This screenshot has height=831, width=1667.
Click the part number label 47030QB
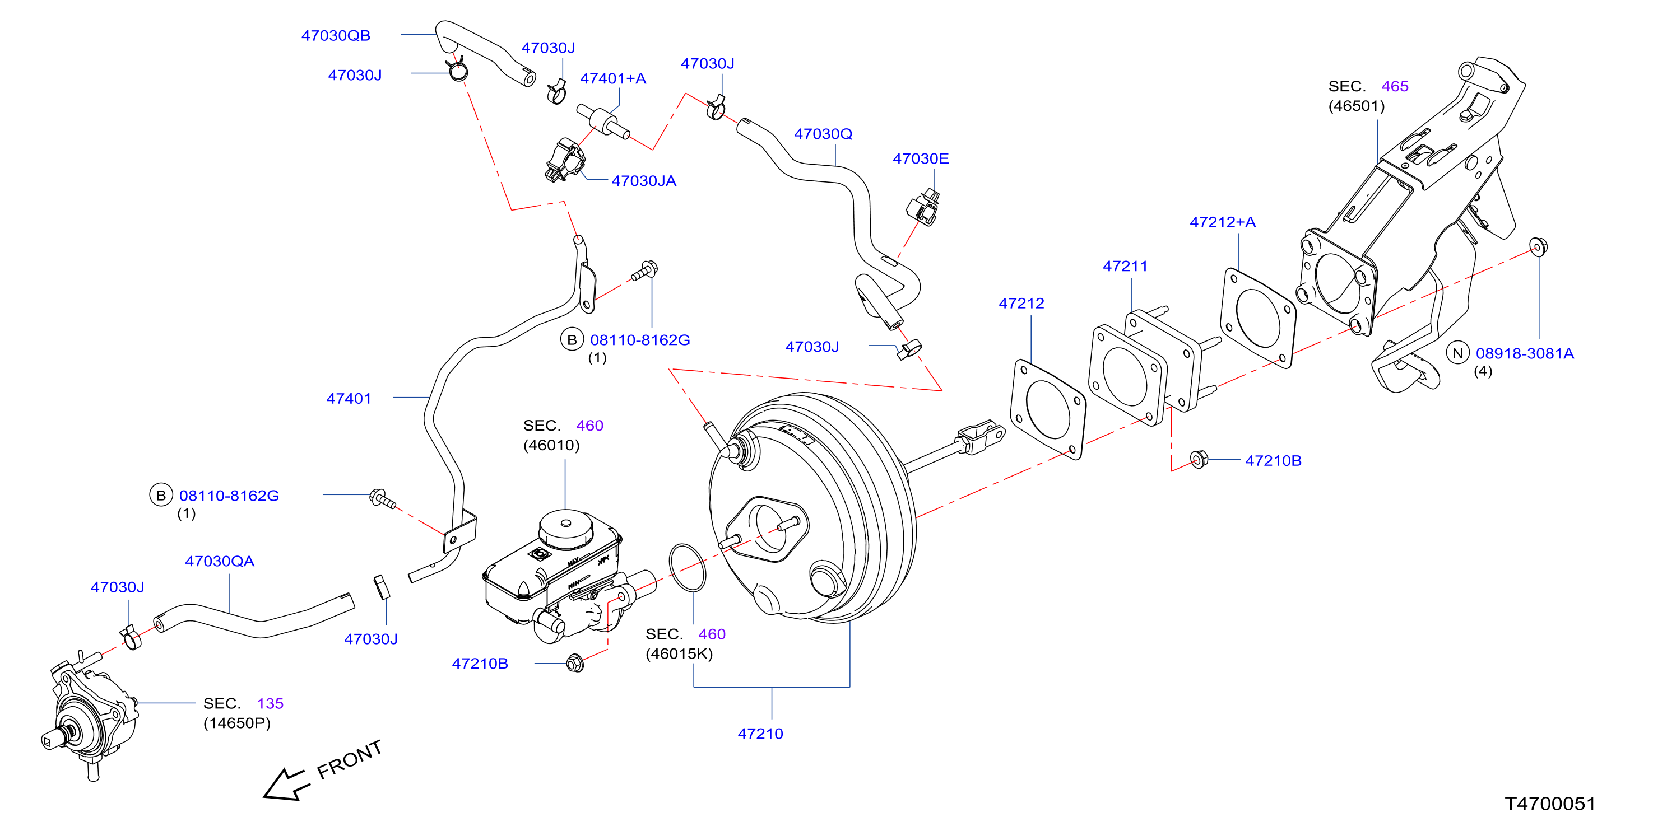tap(335, 36)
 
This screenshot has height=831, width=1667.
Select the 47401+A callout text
tap(613, 78)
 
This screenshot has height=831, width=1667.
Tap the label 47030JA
tap(644, 180)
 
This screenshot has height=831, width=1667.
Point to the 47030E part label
tap(920, 158)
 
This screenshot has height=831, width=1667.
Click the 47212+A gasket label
tap(1223, 222)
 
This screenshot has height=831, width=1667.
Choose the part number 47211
tap(1125, 266)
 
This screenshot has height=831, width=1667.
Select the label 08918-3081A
tap(1525, 353)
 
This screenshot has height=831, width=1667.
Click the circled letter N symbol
tap(1457, 353)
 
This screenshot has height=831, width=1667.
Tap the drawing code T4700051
tap(1550, 803)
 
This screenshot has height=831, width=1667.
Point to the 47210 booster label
tap(760, 734)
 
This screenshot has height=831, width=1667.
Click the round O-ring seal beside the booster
tap(686, 567)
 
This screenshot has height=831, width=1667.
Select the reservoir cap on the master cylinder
tap(565, 529)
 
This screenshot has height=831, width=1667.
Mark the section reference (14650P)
tap(237, 722)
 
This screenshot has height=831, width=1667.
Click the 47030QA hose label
tap(220, 561)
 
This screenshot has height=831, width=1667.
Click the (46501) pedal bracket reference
tap(1357, 105)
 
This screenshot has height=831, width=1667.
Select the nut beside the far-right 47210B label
tap(1199, 459)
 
